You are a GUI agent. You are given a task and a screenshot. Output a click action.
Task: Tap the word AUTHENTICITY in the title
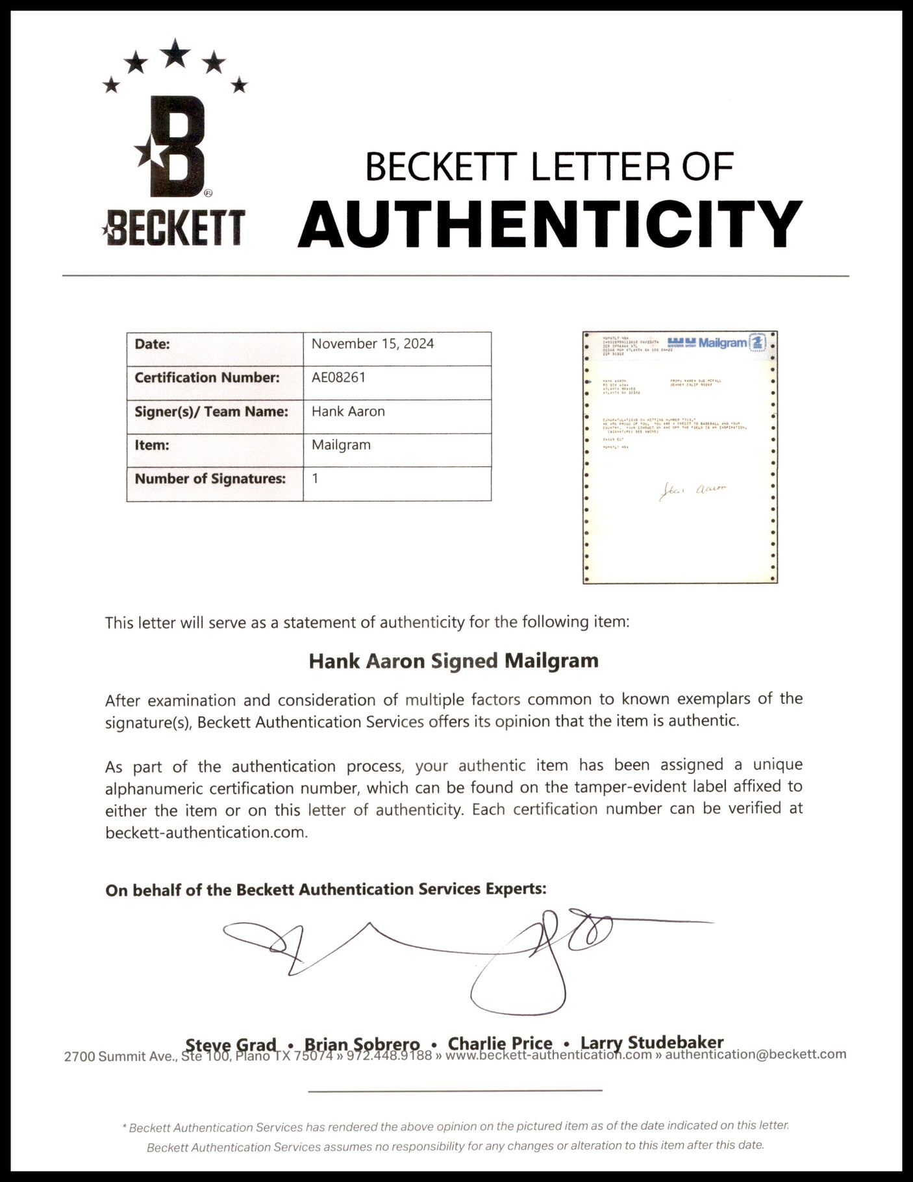pyautogui.click(x=550, y=223)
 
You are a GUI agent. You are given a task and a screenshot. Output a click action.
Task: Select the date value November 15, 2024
pyautogui.click(x=373, y=344)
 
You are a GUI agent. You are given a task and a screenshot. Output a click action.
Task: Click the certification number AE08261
pyautogui.click(x=338, y=377)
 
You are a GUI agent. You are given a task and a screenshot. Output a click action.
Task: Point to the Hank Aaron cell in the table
pyautogui.click(x=348, y=411)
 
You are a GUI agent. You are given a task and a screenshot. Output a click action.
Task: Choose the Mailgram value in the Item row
pyautogui.click(x=341, y=445)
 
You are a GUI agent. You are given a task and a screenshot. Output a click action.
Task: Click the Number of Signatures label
pyautogui.click(x=210, y=479)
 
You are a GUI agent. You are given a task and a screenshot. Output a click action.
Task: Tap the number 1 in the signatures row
pyautogui.click(x=316, y=479)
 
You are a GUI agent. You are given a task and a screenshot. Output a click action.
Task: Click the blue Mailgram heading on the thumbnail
pyautogui.click(x=722, y=342)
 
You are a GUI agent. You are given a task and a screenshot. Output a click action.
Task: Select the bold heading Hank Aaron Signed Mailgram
pyautogui.click(x=453, y=661)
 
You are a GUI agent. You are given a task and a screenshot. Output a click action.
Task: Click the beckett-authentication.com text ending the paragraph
pyautogui.click(x=206, y=832)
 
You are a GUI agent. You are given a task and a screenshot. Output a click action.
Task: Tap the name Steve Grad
pyautogui.click(x=231, y=1044)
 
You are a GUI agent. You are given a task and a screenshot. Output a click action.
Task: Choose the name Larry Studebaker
pyautogui.click(x=652, y=1042)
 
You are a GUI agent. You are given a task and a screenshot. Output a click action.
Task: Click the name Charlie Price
pyautogui.click(x=500, y=1043)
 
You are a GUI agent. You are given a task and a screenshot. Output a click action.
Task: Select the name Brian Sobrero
pyautogui.click(x=362, y=1044)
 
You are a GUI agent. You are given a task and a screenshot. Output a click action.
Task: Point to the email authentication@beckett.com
pyautogui.click(x=756, y=1054)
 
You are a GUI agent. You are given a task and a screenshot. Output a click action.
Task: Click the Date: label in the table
pyautogui.click(x=152, y=344)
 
